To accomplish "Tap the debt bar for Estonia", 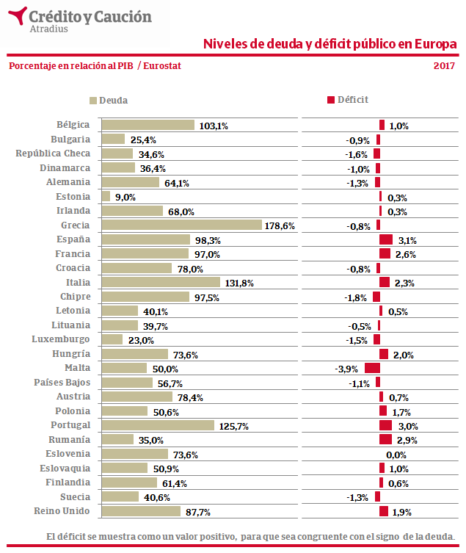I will (x=105, y=197).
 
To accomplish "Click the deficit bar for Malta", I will (x=372, y=368).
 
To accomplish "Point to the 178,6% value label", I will (x=280, y=226).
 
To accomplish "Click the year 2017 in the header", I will (x=444, y=66).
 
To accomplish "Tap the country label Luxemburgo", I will (x=61, y=339).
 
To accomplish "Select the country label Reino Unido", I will (x=62, y=511).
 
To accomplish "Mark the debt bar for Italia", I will (x=160, y=282).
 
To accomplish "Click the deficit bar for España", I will (x=386, y=239).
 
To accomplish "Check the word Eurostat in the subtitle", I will (x=163, y=66).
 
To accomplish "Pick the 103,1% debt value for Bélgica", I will (x=214, y=126).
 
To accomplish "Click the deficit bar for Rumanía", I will (x=386, y=439).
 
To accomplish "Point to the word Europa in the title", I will (x=435, y=44).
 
